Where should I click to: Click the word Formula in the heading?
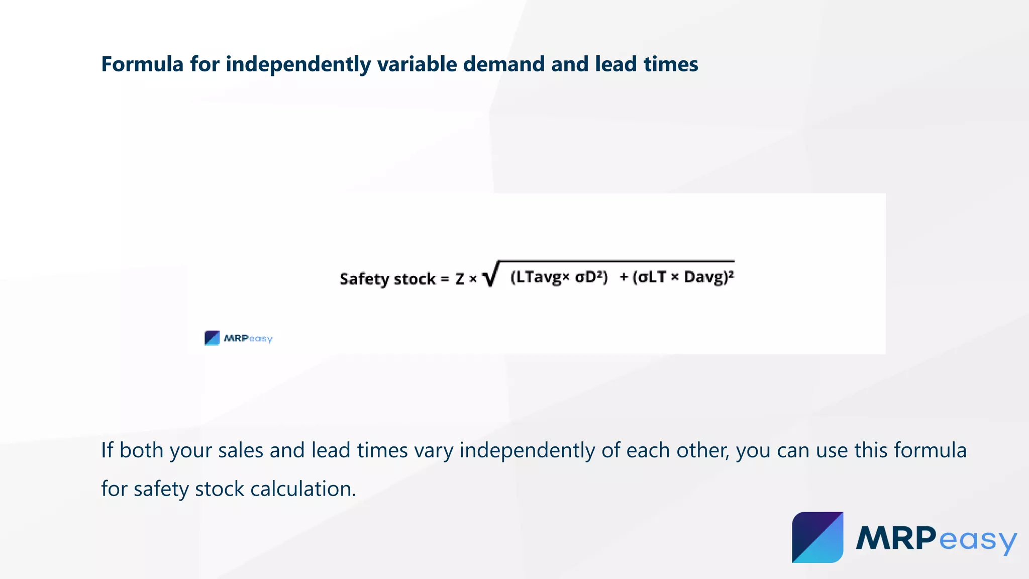pos(142,64)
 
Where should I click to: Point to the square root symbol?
pos(490,274)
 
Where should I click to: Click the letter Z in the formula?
pos(460,279)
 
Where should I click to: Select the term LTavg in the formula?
pos(537,277)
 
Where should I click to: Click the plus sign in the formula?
pos(624,277)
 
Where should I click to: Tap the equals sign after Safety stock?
pos(445,279)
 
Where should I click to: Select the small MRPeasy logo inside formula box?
pos(238,338)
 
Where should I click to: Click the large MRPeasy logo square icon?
pos(817,537)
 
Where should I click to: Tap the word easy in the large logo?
pos(977,540)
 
